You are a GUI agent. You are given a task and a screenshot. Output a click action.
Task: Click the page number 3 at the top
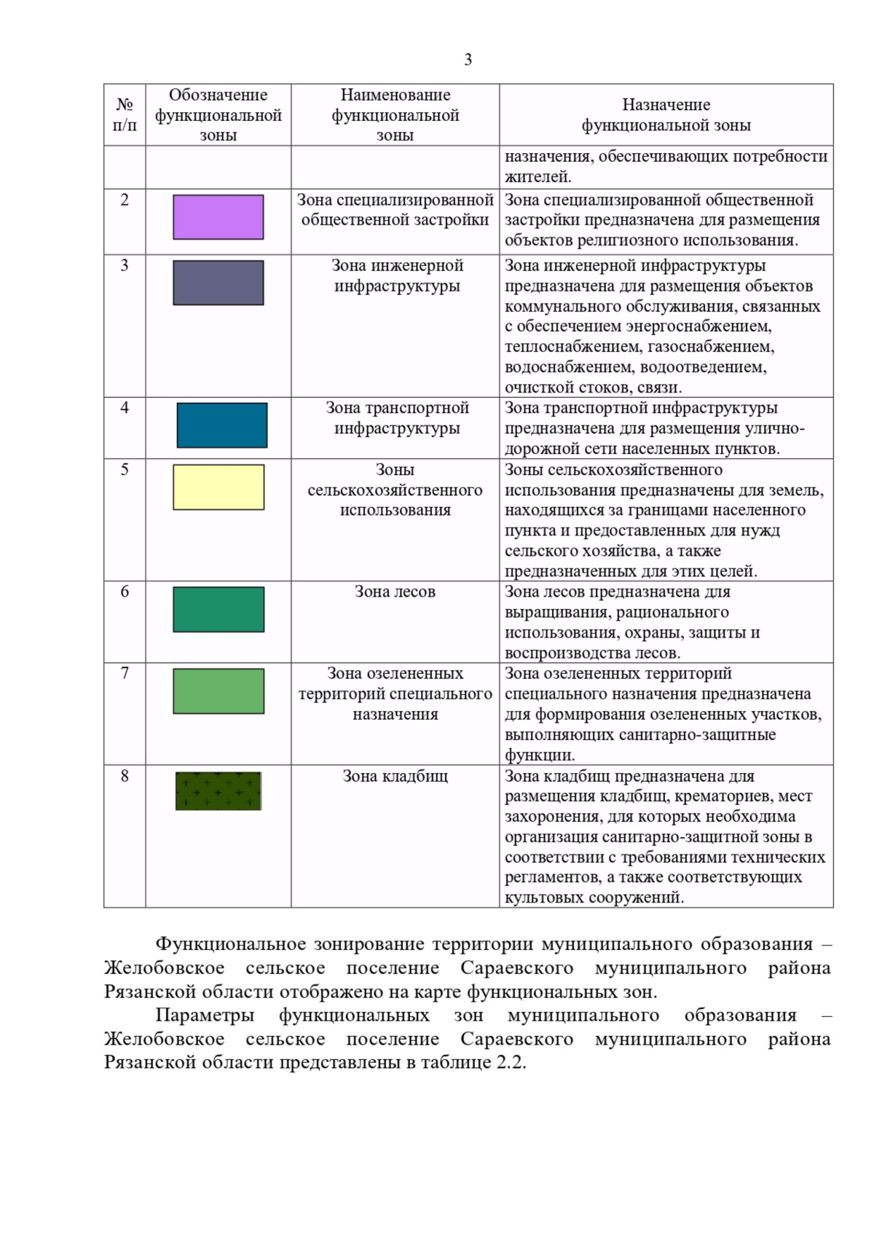tap(468, 60)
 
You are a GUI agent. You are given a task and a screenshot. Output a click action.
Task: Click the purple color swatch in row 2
tap(218, 217)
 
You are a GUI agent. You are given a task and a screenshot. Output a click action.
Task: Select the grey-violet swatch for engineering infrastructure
tap(218, 283)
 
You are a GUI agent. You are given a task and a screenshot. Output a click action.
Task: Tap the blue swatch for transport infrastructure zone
tap(221, 425)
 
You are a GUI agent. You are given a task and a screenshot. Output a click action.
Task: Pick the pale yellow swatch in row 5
tap(218, 487)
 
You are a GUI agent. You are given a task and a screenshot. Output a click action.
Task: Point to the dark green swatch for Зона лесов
tap(218, 610)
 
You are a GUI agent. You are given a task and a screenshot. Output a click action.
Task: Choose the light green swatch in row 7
tap(218, 691)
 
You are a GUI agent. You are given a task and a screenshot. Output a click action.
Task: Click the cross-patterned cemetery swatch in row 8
tap(218, 791)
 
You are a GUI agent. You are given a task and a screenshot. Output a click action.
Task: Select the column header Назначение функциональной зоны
tap(666, 115)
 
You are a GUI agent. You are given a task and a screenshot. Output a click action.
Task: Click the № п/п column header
tap(125, 115)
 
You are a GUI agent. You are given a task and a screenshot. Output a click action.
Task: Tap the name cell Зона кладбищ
tap(395, 777)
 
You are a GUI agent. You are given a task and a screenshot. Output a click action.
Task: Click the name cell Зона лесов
tap(395, 592)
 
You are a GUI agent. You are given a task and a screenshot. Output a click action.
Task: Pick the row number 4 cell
tap(125, 408)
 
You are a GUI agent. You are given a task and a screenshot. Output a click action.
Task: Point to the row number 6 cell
tap(125, 592)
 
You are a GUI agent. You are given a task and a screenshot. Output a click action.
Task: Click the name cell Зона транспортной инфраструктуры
tap(396, 418)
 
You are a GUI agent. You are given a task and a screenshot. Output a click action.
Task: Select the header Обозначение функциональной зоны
tap(218, 115)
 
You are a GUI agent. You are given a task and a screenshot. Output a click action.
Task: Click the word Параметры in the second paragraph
tap(205, 1015)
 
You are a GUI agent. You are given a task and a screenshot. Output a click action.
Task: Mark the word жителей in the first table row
tap(537, 176)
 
